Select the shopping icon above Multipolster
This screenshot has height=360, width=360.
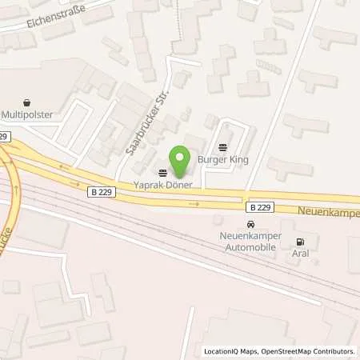pyautogui.click(x=28, y=102)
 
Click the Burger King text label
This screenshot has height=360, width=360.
pyautogui.click(x=223, y=159)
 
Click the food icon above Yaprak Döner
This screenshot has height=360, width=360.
pyautogui.click(x=163, y=172)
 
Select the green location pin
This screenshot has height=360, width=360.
pyautogui.click(x=180, y=162)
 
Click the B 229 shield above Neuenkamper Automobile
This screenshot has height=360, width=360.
pyautogui.click(x=260, y=206)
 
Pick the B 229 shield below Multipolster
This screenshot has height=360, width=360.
pyautogui.click(x=5, y=137)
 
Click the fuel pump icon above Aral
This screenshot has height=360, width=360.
pyautogui.click(x=300, y=242)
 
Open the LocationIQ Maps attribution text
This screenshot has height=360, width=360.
pyautogui.click(x=233, y=351)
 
